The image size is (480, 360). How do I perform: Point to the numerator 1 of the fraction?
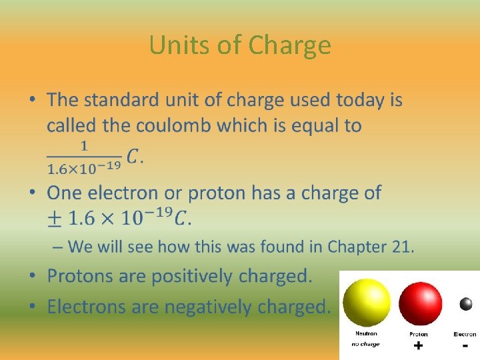click(84, 145)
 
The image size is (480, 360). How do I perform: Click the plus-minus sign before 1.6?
click(55, 217)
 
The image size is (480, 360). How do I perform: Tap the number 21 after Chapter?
click(402, 247)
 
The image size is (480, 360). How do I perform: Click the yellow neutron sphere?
click(365, 302)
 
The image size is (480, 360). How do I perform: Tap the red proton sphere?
click(420, 303)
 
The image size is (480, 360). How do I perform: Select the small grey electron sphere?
click(465, 305)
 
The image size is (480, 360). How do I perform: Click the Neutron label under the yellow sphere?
click(365, 334)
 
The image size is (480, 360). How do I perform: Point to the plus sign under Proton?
click(419, 346)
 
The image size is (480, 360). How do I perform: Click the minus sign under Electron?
click(465, 345)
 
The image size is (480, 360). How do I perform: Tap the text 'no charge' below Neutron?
click(365, 345)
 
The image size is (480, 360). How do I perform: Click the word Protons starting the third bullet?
click(83, 276)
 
